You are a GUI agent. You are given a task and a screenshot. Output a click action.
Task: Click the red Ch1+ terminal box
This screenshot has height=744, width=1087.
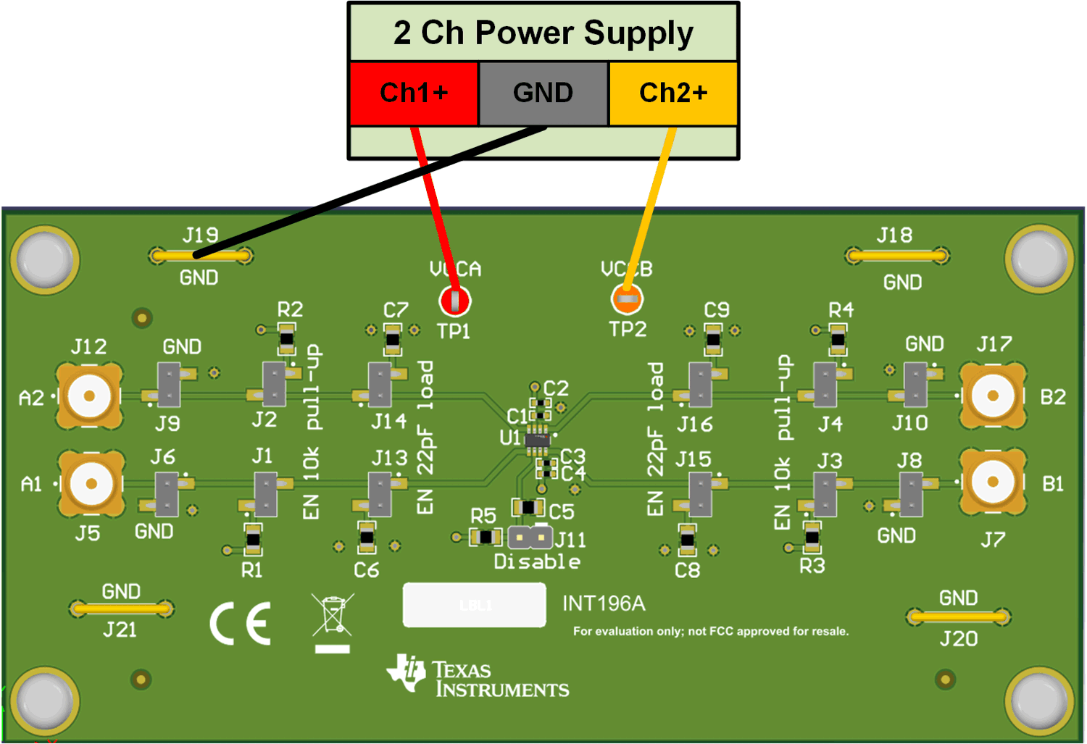pos(414,93)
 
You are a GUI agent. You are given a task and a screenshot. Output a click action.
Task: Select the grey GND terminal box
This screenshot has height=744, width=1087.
pos(543,93)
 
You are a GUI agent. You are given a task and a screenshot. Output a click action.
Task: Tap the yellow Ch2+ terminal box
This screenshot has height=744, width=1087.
pos(673,93)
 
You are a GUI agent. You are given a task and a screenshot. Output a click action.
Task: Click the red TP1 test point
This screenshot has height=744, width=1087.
pos(454,300)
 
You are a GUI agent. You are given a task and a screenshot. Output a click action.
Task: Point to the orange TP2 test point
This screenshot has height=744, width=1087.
pos(627,298)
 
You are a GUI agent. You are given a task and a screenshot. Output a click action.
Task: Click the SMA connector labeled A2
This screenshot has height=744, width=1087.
pos(89,396)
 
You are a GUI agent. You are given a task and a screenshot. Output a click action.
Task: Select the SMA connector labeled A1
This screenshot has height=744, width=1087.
pos(91,483)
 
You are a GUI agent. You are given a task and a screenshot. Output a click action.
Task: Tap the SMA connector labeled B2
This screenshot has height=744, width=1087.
pos(993,396)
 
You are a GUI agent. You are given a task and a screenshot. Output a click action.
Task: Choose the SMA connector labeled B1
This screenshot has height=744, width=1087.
pos(993,482)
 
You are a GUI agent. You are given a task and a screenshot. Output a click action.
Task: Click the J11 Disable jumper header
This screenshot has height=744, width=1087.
pos(530,538)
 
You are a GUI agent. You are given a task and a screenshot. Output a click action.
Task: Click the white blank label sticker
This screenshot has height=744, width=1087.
pos(475,605)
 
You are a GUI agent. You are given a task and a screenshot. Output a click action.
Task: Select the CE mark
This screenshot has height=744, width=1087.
pos(241,623)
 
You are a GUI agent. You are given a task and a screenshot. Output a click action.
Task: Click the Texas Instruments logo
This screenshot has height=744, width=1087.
pos(478,677)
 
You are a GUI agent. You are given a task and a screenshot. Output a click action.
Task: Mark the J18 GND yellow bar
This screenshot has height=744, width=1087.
pos(897,255)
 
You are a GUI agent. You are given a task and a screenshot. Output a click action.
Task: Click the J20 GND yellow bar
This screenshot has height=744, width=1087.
pos(958,617)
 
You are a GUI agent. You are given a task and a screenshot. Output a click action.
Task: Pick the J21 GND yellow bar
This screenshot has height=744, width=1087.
pos(121,609)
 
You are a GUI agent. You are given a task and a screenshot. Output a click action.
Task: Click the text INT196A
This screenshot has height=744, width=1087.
pos(604,603)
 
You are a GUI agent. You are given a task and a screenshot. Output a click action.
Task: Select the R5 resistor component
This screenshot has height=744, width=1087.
pos(486,537)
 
